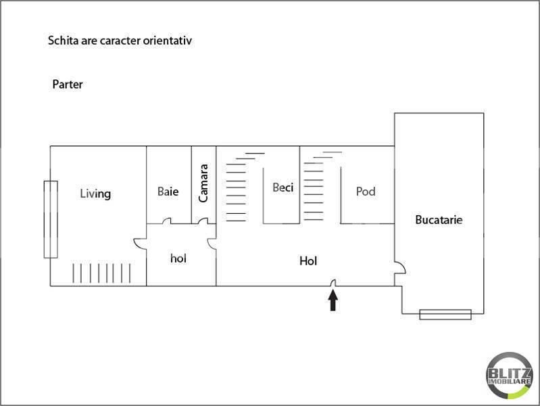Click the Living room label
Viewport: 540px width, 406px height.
point(95,194)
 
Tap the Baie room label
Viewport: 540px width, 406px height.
point(168,191)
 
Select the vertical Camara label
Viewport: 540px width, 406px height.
point(203,183)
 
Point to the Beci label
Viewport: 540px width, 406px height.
point(283,187)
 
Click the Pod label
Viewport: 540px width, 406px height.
point(366,191)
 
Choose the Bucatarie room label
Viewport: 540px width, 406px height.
point(439,220)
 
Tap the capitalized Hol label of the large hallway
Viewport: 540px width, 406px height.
point(308,261)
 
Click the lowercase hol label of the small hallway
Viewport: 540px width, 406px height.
point(178,258)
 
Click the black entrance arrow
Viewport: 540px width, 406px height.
point(333,300)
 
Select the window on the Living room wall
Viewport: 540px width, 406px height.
point(51,219)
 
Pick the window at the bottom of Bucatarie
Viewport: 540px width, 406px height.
point(445,315)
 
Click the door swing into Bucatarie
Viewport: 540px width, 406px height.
point(401,268)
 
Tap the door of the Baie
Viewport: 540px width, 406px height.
point(167,221)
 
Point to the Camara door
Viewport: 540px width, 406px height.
point(203,221)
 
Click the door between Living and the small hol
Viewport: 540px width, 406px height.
point(140,243)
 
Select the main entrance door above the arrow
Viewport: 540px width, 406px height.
point(333,283)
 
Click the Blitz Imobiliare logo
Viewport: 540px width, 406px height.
point(510,376)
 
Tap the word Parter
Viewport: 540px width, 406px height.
point(68,84)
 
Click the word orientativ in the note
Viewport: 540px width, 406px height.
point(168,41)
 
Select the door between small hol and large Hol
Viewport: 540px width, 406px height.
point(212,244)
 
